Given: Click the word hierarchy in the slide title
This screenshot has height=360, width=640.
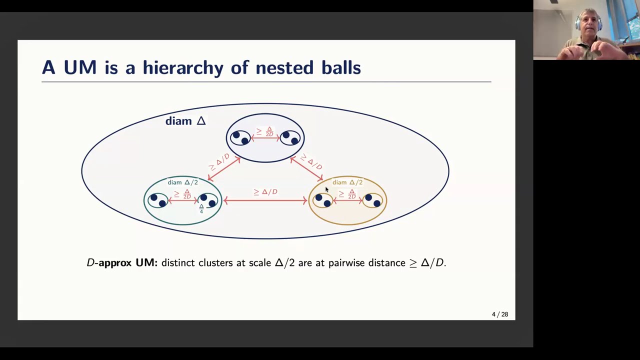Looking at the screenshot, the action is coord(183,67).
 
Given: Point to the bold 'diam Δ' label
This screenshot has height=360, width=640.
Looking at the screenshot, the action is coord(185,121).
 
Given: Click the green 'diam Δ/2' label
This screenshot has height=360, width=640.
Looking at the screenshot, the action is coord(182,182).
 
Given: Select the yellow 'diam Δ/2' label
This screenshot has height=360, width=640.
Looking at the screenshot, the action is coord(347,182).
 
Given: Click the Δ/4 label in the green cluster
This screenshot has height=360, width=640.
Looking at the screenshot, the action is coord(201,209).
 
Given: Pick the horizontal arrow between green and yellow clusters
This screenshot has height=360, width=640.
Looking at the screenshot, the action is coord(265,200).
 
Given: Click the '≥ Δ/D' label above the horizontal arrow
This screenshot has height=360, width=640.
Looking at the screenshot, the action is coord(265,191).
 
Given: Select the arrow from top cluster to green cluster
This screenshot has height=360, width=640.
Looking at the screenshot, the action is coord(224,169).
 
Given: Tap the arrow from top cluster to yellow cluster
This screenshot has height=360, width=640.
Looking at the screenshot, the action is coord(306,169).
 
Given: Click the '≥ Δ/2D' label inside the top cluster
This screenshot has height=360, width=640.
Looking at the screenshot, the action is coord(265,131).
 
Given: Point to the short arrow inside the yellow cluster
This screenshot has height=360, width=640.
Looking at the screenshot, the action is coord(348,201).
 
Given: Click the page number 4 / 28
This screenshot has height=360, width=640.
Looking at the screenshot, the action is coord(500,314).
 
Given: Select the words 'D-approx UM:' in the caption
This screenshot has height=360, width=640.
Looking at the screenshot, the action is coord(122,263).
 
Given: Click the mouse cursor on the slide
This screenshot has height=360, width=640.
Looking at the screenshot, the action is coord(327,189).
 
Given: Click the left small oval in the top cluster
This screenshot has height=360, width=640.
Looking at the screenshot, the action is coord(240,138).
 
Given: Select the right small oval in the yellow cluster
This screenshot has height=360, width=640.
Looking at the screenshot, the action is coord(372,200).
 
